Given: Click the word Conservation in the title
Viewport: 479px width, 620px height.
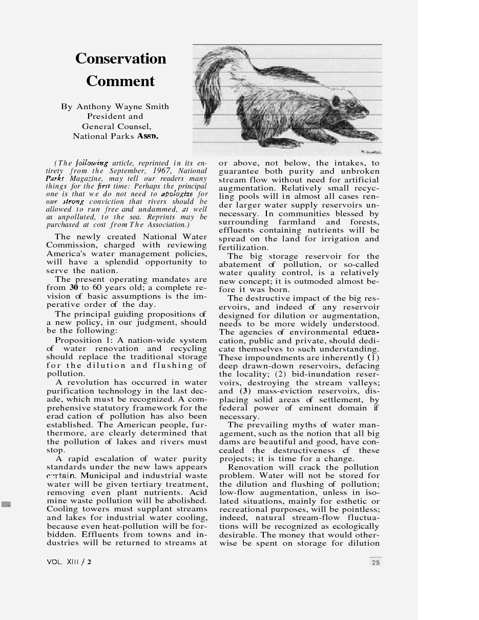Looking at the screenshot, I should coord(120,58).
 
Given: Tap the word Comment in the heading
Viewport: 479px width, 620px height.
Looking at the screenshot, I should coord(120,81).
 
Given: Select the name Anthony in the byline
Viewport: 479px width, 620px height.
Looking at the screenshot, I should coord(94,107).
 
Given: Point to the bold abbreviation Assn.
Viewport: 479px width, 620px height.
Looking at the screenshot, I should coord(148,136).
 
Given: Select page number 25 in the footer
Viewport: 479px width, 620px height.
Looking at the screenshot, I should coord(376,562).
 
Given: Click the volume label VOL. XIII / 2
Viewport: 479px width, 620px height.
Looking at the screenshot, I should coord(69,562).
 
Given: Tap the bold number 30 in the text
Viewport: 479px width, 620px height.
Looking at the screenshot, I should coord(73,287).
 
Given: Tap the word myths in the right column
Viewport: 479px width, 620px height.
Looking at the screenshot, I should coord(304,425).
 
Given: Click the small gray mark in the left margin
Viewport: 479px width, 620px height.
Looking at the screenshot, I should coord(6,504).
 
